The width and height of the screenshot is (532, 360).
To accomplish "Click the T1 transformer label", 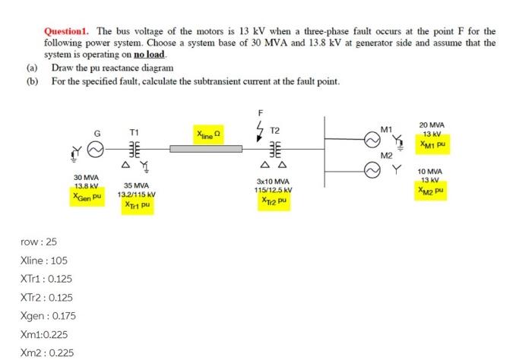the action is tap(135, 131).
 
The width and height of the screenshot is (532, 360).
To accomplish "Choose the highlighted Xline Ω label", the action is tap(207, 134).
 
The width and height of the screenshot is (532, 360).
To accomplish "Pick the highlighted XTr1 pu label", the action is tap(137, 204).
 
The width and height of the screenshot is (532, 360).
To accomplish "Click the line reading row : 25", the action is tap(40, 242).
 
